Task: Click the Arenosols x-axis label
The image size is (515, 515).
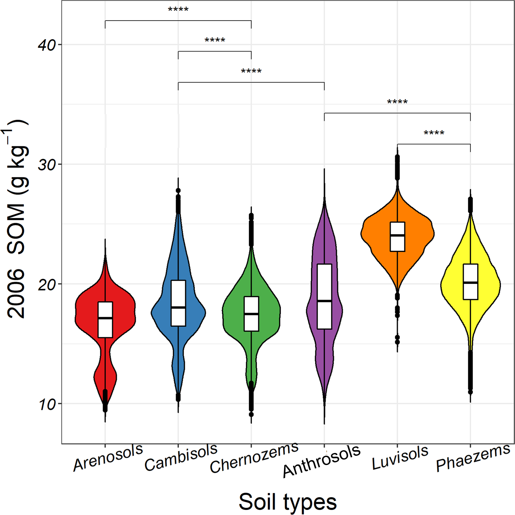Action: click(108, 457)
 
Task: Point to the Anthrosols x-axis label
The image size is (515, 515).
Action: click(321, 461)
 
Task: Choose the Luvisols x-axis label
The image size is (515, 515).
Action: click(400, 457)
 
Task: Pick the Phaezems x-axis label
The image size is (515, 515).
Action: click(473, 457)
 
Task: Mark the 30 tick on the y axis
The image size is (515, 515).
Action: click(46, 164)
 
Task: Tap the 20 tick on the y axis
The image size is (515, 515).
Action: click(46, 284)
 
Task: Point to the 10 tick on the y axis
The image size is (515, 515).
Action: click(46, 404)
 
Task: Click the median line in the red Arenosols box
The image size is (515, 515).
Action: click(105, 318)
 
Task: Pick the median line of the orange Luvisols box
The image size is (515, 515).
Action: click(397, 235)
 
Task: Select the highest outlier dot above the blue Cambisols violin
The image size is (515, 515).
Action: click(178, 190)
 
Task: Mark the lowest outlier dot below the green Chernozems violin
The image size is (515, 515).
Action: click(251, 415)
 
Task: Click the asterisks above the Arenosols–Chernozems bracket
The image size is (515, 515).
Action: click(178, 10)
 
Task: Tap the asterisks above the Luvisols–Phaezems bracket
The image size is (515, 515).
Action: click(434, 133)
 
